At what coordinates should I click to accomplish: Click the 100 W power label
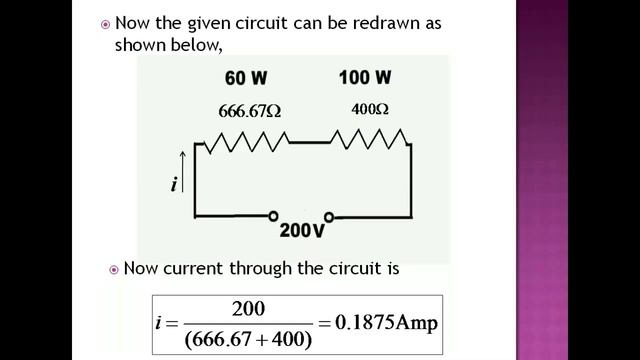coord(365,77)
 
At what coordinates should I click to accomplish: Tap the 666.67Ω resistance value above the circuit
coord(250,111)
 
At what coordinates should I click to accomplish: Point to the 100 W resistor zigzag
coord(368,143)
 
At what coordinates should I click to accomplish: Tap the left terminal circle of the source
coord(273,215)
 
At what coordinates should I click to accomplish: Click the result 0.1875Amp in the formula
coord(387,322)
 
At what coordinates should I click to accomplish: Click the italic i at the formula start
coord(162,323)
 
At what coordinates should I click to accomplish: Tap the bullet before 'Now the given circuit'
coord(106,23)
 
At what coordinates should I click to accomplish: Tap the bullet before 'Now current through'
coord(114,269)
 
